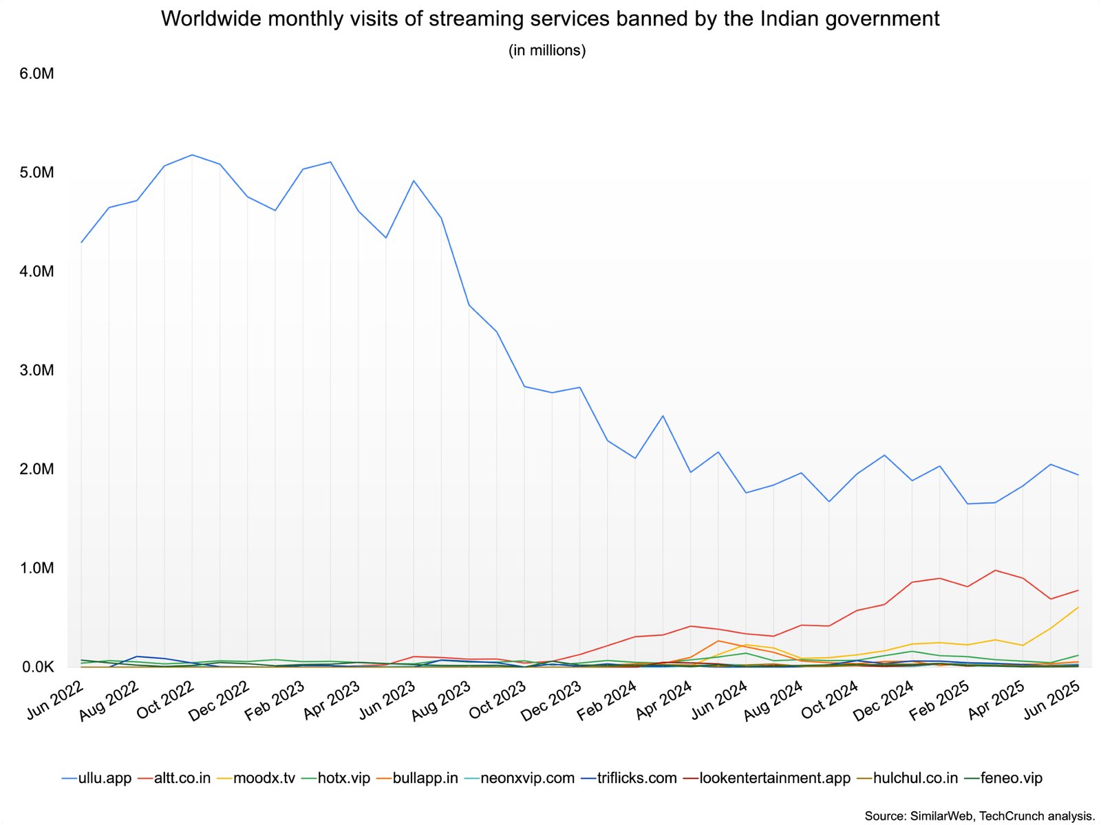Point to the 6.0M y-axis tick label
[36, 74]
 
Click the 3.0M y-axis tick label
[36, 371]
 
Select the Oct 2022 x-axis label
[165, 701]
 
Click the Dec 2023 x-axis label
[550, 701]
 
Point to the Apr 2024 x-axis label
[664, 701]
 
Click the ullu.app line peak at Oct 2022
[192, 155]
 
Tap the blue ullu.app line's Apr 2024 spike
[663, 416]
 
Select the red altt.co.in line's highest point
[995, 570]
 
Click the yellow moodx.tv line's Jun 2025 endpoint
[1078, 608]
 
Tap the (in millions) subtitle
[547, 50]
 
